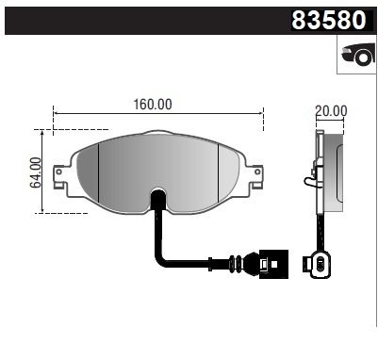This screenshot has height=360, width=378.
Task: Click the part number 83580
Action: pyautogui.click(x=333, y=20)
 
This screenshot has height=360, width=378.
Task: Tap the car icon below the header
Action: pyautogui.click(x=356, y=57)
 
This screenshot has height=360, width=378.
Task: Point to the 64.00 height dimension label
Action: pyautogui.click(x=36, y=172)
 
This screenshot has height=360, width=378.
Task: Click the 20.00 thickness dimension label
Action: pyautogui.click(x=331, y=110)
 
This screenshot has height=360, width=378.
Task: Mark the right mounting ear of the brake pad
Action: pyautogui.click(x=255, y=173)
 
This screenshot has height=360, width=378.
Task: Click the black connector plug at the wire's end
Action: pyautogui.click(x=267, y=262)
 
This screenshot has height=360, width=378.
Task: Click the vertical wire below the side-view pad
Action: pyautogui.click(x=323, y=231)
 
